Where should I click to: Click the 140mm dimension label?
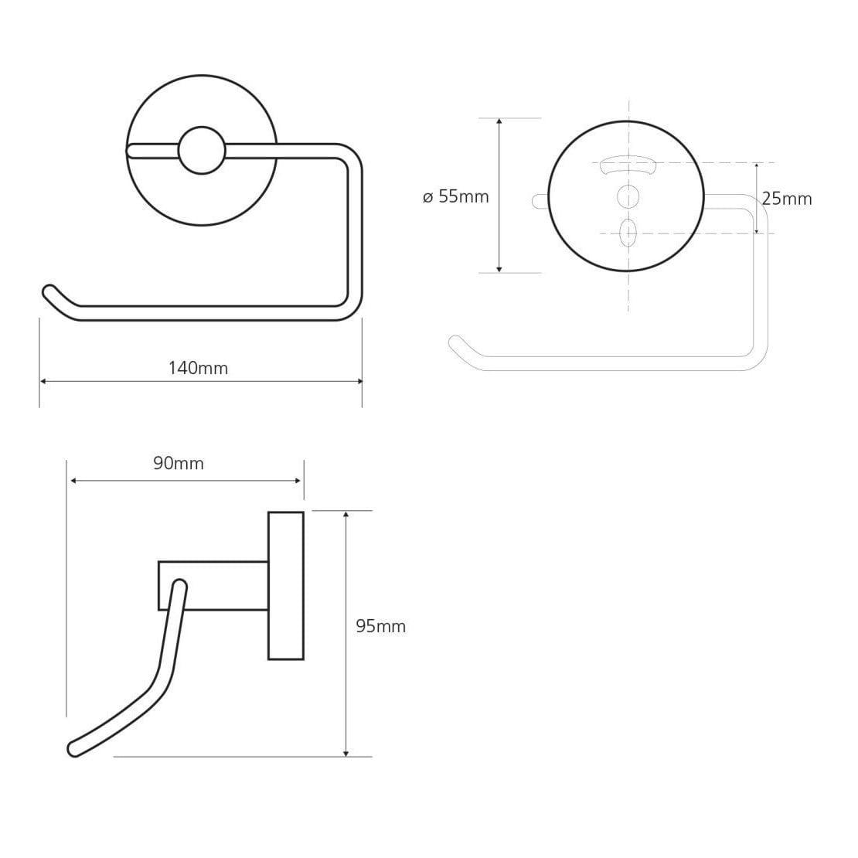[198, 368]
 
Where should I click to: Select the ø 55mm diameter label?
[456, 196]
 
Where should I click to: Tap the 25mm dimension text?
[787, 199]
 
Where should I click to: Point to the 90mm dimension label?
[179, 464]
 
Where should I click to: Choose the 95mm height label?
[381, 626]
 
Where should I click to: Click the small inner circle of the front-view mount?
[202, 151]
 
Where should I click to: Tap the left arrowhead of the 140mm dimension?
[43, 381]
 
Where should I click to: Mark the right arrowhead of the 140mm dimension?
[359, 381]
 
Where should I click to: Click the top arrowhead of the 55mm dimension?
[499, 121]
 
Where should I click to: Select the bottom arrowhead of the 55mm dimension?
[499, 269]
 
